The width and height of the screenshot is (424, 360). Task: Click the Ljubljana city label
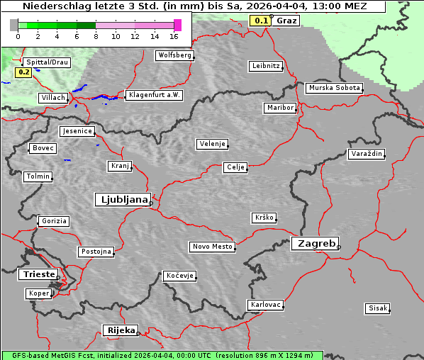click(x=121, y=200)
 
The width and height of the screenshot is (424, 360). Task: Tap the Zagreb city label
click(x=313, y=243)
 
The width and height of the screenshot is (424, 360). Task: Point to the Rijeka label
click(x=121, y=330)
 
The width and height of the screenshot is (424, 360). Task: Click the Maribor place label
click(x=279, y=108)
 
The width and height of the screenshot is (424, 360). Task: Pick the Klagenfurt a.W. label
click(x=153, y=95)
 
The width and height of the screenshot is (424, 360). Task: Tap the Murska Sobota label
click(x=333, y=89)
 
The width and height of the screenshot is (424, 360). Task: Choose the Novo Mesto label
click(x=211, y=247)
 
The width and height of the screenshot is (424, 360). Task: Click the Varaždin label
click(x=366, y=154)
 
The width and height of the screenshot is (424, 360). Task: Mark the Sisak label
click(x=377, y=308)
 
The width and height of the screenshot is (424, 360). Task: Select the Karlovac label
click(x=265, y=305)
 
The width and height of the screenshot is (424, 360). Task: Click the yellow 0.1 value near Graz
click(x=261, y=21)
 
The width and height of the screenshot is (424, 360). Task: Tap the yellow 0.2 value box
click(x=23, y=72)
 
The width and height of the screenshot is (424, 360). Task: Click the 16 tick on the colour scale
click(x=174, y=36)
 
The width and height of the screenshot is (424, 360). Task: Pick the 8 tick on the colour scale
click(x=96, y=36)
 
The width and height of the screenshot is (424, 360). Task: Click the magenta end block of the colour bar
click(x=177, y=25)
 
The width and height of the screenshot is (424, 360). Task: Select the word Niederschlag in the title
click(x=52, y=6)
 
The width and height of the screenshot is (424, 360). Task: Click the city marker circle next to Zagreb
click(x=339, y=247)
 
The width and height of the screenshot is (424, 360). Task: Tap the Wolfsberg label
click(x=174, y=55)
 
